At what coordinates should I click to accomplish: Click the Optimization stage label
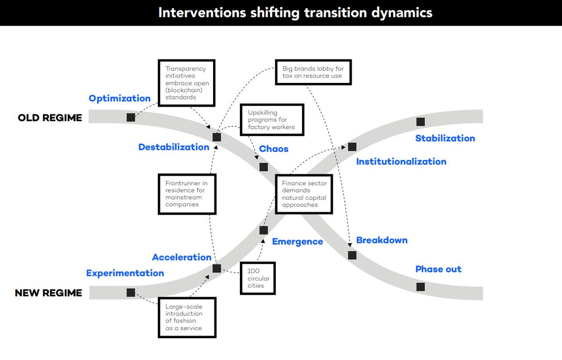tap(119, 98)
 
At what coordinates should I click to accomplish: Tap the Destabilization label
tap(174, 147)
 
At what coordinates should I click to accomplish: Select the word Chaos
tap(274, 149)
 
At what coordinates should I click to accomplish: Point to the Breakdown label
tap(382, 240)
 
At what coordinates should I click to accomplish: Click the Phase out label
tap(438, 269)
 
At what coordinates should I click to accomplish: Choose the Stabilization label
tap(445, 138)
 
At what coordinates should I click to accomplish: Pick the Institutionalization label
tap(401, 162)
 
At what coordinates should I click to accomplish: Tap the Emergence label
tap(297, 242)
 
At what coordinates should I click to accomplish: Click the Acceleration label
tap(182, 257)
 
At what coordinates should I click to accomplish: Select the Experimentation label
tap(125, 273)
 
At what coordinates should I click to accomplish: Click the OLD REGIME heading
tap(50, 118)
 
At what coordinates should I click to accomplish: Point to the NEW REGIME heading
tap(48, 293)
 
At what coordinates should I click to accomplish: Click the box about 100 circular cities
tap(257, 278)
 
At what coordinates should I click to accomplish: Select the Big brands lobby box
tap(313, 72)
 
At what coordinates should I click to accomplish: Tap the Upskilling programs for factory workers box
tap(271, 120)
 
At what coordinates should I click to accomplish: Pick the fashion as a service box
tap(187, 317)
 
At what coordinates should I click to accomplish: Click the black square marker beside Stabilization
tap(421, 122)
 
